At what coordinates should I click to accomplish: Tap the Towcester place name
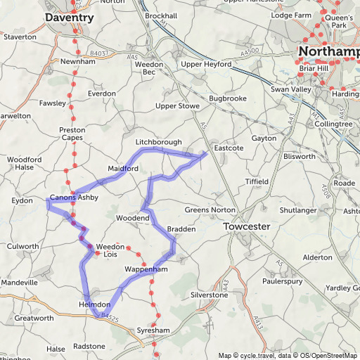[x=247, y=227]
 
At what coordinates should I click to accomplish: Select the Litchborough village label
[x=158, y=142]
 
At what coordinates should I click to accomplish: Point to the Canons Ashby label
[x=74, y=198]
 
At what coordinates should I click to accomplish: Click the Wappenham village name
[x=147, y=269]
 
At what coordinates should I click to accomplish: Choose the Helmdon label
[x=95, y=304]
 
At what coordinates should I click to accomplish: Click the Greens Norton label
[x=207, y=210]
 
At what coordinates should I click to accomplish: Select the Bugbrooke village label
[x=228, y=99]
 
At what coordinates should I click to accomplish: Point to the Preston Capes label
[x=72, y=134]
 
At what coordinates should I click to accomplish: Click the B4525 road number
[x=109, y=317]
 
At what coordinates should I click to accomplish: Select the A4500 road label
[x=250, y=51]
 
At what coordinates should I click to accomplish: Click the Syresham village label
[x=155, y=330]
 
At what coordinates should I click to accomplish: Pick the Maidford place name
[x=123, y=169]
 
